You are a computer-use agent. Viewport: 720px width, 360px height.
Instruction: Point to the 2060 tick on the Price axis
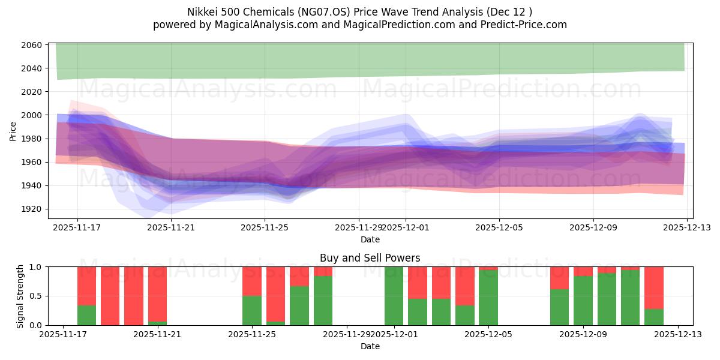click(32, 45)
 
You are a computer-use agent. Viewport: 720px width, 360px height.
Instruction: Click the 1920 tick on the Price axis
click(32, 209)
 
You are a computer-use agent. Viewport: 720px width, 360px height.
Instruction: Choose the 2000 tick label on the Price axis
click(32, 115)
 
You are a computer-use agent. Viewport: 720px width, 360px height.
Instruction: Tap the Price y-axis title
click(13, 130)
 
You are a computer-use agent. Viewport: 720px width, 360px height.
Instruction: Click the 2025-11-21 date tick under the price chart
click(171, 227)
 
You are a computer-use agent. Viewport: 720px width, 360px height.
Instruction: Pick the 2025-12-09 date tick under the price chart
click(593, 227)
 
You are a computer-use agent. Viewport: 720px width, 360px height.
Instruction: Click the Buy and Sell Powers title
click(370, 258)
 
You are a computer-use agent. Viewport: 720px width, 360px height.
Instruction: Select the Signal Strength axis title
click(20, 296)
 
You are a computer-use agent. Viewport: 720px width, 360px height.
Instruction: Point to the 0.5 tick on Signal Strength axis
click(35, 296)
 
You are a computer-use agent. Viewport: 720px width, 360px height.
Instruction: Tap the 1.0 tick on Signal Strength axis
click(35, 267)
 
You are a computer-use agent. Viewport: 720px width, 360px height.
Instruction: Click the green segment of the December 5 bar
click(488, 298)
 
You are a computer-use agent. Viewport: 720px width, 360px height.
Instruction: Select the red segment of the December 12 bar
click(654, 287)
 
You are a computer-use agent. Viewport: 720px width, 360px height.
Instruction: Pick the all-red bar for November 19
click(110, 296)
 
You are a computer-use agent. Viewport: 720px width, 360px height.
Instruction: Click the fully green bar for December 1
click(394, 296)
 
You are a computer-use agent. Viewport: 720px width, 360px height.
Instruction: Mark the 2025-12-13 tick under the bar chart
click(678, 334)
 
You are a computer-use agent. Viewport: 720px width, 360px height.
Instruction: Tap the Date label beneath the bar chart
click(370, 346)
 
